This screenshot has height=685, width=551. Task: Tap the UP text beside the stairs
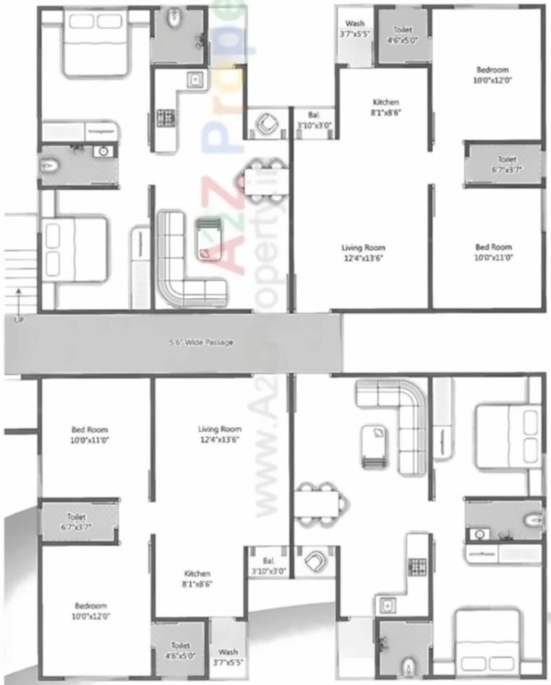tap(17, 318)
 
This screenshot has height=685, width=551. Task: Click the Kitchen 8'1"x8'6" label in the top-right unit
tap(385, 107)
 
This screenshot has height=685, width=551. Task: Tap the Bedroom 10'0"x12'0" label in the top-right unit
tap(492, 75)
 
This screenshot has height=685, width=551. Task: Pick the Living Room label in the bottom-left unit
tap(220, 434)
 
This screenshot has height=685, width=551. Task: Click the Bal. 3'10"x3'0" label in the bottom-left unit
tap(269, 565)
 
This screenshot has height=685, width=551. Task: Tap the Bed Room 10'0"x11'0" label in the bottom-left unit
tap(90, 434)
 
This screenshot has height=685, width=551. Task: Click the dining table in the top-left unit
tap(265, 176)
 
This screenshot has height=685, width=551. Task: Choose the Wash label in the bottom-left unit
tap(228, 656)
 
